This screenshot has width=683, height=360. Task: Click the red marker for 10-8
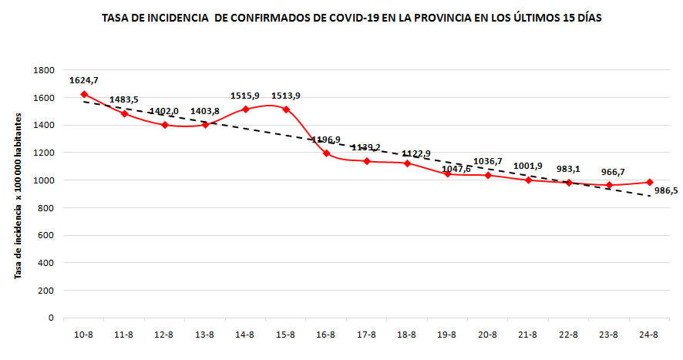(84, 95)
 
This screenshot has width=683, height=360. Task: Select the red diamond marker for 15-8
(286, 109)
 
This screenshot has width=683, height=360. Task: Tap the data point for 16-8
(326, 153)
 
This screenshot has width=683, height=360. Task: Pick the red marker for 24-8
(649, 183)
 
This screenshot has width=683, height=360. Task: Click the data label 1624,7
(84, 80)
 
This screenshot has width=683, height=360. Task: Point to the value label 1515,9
(245, 96)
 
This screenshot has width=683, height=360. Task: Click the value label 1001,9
(528, 166)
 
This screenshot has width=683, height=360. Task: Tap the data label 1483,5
(124, 99)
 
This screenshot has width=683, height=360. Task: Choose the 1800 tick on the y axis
(43, 70)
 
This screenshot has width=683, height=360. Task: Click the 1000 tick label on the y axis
(43, 180)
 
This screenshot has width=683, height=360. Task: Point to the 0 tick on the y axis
(50, 318)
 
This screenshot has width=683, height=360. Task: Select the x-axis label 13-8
(205, 335)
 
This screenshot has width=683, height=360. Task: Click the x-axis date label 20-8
(487, 335)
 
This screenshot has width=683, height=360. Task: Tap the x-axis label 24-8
(649, 335)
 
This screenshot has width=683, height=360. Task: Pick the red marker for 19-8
(447, 174)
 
